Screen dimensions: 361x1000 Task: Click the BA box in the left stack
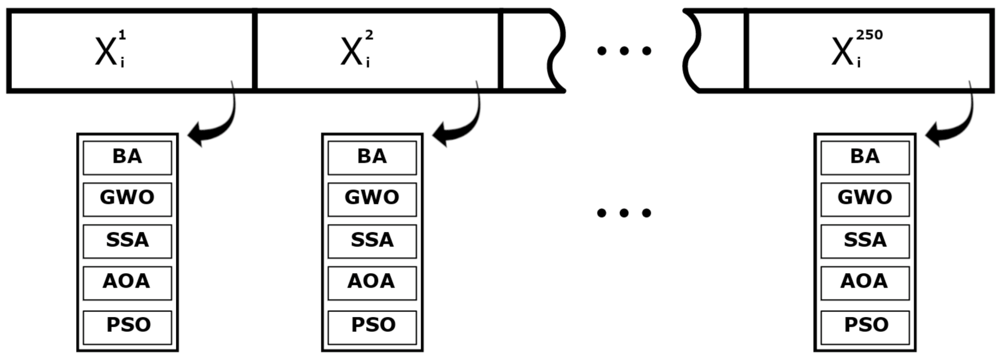pos(127,158)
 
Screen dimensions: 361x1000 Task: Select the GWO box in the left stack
pos(127,199)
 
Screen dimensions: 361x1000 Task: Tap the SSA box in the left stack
pos(127,241)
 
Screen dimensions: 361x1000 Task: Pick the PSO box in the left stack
pos(127,327)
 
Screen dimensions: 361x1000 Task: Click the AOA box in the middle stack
pos(372,283)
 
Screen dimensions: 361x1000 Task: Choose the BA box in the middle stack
pos(372,158)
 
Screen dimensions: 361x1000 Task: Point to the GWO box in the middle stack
pos(372,199)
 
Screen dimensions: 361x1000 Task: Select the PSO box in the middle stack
pos(372,327)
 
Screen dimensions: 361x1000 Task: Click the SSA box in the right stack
pos(865,241)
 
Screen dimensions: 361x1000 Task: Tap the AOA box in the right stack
pos(865,283)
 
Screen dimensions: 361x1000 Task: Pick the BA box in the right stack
pos(865,158)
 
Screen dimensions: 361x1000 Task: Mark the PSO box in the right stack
pos(865,327)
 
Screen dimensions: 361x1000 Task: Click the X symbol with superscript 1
pos(106,51)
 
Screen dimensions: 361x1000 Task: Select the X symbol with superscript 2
pos(352,51)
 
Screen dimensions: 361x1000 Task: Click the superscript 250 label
pos(869,35)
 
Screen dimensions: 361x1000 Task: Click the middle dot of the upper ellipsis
pos(624,51)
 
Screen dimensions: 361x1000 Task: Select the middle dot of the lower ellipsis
pos(624,213)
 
